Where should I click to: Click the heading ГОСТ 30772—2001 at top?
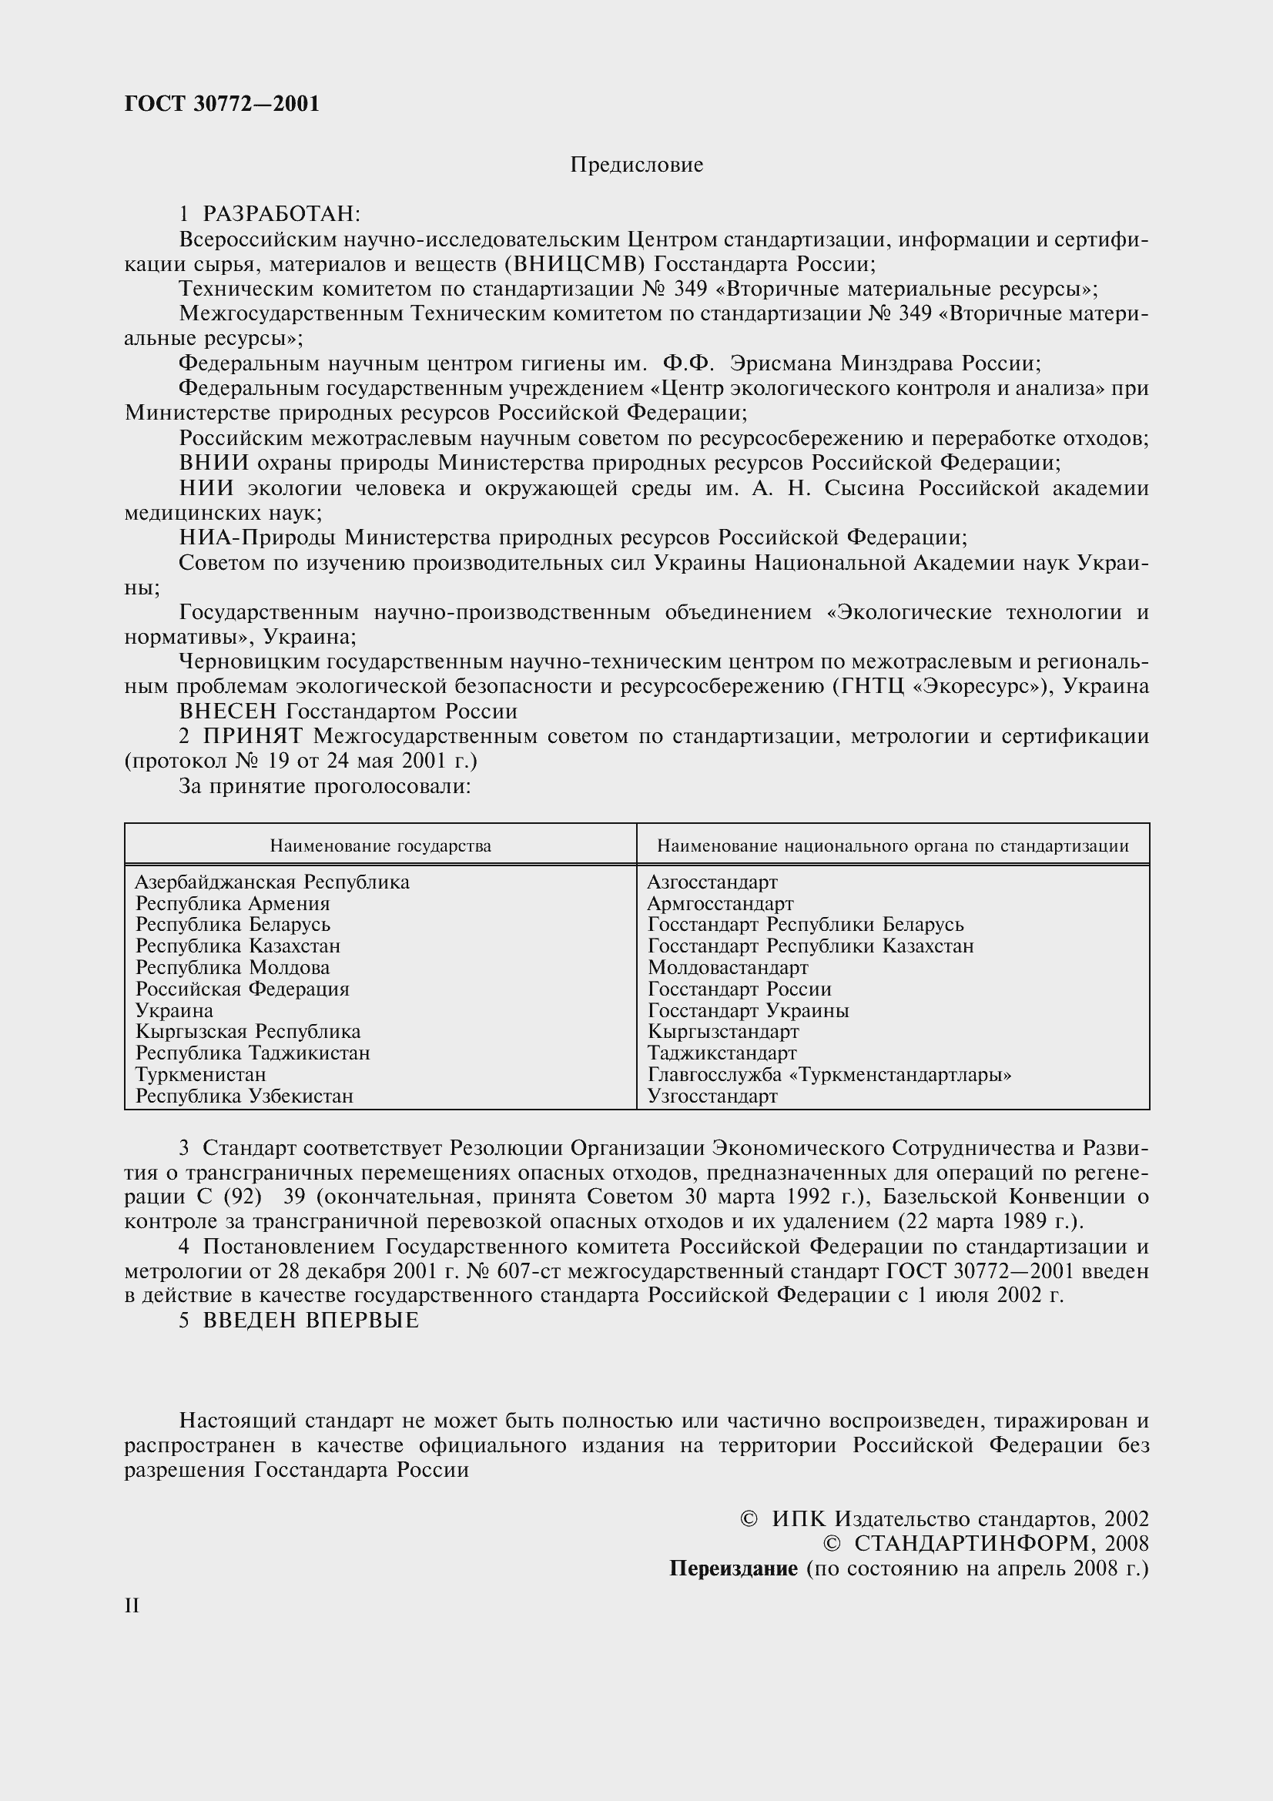tap(222, 104)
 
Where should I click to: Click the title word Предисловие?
tap(636, 165)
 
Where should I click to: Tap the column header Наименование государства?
tap(380, 845)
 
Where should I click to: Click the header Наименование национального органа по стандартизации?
tap(893, 845)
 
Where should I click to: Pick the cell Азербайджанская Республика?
tap(272, 882)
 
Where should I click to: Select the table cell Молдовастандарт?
tap(728, 968)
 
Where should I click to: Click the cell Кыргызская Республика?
tap(248, 1032)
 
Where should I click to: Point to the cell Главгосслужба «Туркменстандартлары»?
tap(829, 1075)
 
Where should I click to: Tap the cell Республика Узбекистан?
tap(244, 1096)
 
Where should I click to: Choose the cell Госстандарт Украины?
tap(749, 1010)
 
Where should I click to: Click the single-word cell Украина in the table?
tap(174, 1010)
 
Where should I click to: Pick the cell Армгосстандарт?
tap(720, 904)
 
